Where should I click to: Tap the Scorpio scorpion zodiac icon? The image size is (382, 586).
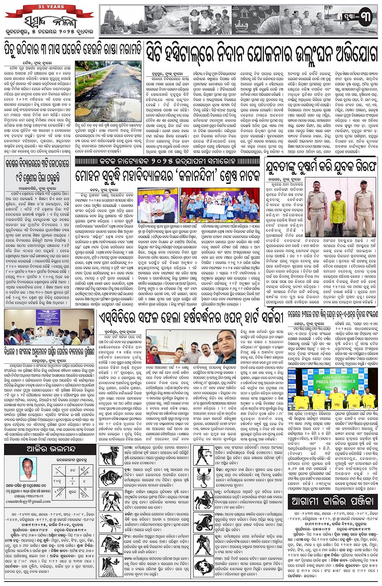[204, 478]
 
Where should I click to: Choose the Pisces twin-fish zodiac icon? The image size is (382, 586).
[204, 567]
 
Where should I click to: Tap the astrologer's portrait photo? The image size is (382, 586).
[27, 469]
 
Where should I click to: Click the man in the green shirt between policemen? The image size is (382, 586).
[337, 211]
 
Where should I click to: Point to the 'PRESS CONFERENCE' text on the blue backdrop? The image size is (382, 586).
[328, 382]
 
